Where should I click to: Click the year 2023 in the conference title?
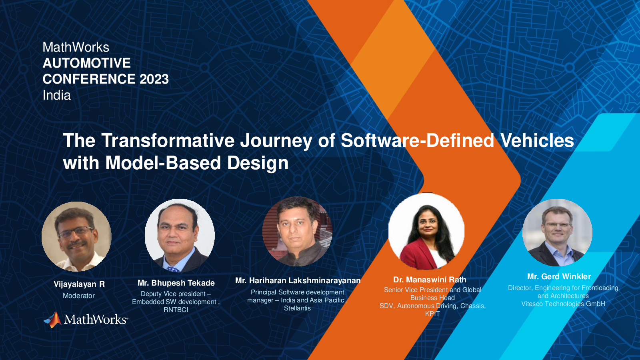pos(154,79)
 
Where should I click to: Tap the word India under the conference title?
pos(56,95)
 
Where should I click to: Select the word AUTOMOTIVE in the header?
pos(86,63)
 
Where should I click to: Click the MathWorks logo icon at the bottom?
pos(53,320)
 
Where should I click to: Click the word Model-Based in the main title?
pos(163,163)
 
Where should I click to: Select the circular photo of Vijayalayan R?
pos(76,236)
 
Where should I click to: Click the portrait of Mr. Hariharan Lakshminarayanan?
pos(297,232)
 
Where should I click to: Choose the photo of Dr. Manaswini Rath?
pos(426,231)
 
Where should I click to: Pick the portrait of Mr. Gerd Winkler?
pos(558,232)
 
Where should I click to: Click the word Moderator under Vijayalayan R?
pos(78,296)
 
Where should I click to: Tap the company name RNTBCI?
pos(176,310)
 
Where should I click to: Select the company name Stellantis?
pos(297,308)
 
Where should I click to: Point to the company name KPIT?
pos(432,314)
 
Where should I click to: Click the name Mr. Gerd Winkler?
pos(559,276)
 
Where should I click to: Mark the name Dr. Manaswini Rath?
pos(430,280)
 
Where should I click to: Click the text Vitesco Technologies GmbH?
pos(563,304)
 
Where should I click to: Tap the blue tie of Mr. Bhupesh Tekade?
pos(173,269)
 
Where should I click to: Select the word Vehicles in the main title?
pos(537,140)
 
